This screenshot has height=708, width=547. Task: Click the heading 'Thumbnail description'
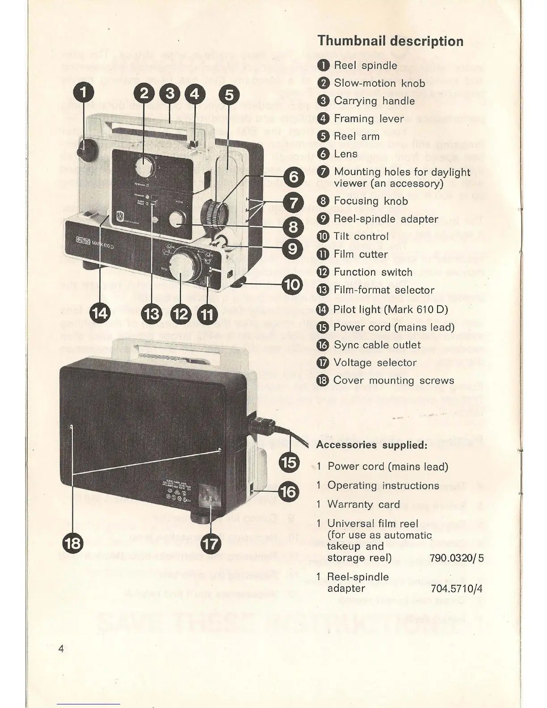tap(390, 42)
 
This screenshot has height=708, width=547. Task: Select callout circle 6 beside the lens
tap(293, 177)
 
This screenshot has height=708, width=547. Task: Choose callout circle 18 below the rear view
tap(73, 543)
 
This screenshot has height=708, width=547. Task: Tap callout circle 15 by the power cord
tap(289, 462)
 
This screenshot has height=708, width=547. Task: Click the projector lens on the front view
tap(214, 212)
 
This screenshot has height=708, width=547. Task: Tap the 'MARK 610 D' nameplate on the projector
tap(99, 243)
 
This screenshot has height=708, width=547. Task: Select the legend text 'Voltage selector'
tap(375, 362)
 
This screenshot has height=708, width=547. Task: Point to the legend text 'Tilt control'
tap(361, 236)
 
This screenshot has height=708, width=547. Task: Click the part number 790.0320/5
tap(456, 558)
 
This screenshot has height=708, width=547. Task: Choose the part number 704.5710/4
tap(456, 589)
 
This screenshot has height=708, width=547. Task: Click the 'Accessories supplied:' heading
tap(372, 445)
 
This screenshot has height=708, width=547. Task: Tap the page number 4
tap(61, 649)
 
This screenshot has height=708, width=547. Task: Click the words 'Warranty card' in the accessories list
tap(363, 505)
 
